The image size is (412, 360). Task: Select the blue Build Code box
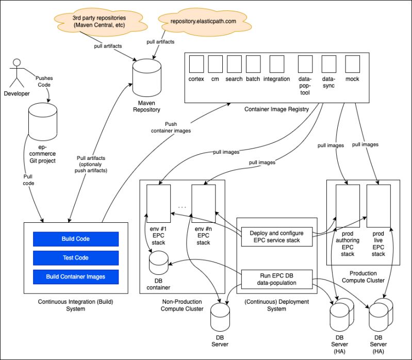coord(76,239)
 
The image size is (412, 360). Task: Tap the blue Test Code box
coord(76,257)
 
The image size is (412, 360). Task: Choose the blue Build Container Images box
coord(76,276)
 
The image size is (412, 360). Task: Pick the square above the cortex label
coord(197,64)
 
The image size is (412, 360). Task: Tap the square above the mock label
coord(352,64)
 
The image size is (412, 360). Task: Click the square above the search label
coord(234,64)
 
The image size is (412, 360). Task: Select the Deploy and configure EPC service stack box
coord(276,236)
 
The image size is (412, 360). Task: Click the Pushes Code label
coord(44,81)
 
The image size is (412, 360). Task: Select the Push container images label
coord(171,127)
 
